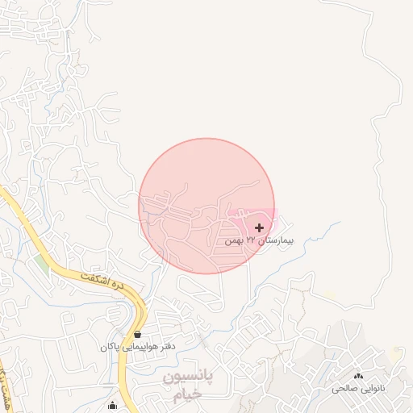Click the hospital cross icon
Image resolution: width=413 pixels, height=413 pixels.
click(259, 228)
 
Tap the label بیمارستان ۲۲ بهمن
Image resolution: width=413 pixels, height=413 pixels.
click(260, 240)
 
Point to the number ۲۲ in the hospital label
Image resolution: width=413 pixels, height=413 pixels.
click(251, 240)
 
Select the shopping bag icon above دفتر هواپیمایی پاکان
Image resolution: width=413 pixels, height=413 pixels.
click(137, 334)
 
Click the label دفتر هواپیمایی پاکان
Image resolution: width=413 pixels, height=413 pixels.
click(137, 346)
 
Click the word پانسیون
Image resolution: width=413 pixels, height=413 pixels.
click(190, 378)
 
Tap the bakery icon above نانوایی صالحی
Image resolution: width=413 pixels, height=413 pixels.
click(359, 377)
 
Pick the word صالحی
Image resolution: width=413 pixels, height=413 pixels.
click(343, 389)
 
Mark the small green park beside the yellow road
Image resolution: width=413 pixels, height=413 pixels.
click(41, 263)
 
